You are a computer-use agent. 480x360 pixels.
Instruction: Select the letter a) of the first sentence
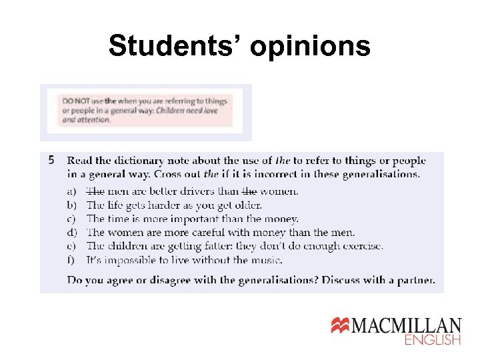72,191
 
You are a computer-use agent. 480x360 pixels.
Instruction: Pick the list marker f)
71,260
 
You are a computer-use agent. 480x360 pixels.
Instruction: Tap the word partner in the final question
415,280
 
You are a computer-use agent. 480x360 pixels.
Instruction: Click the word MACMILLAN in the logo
407,326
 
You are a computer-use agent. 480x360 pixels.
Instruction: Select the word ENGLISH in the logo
433,340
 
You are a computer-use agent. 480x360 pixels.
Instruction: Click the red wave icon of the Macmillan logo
341,326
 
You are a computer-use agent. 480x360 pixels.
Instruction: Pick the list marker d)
72,233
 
